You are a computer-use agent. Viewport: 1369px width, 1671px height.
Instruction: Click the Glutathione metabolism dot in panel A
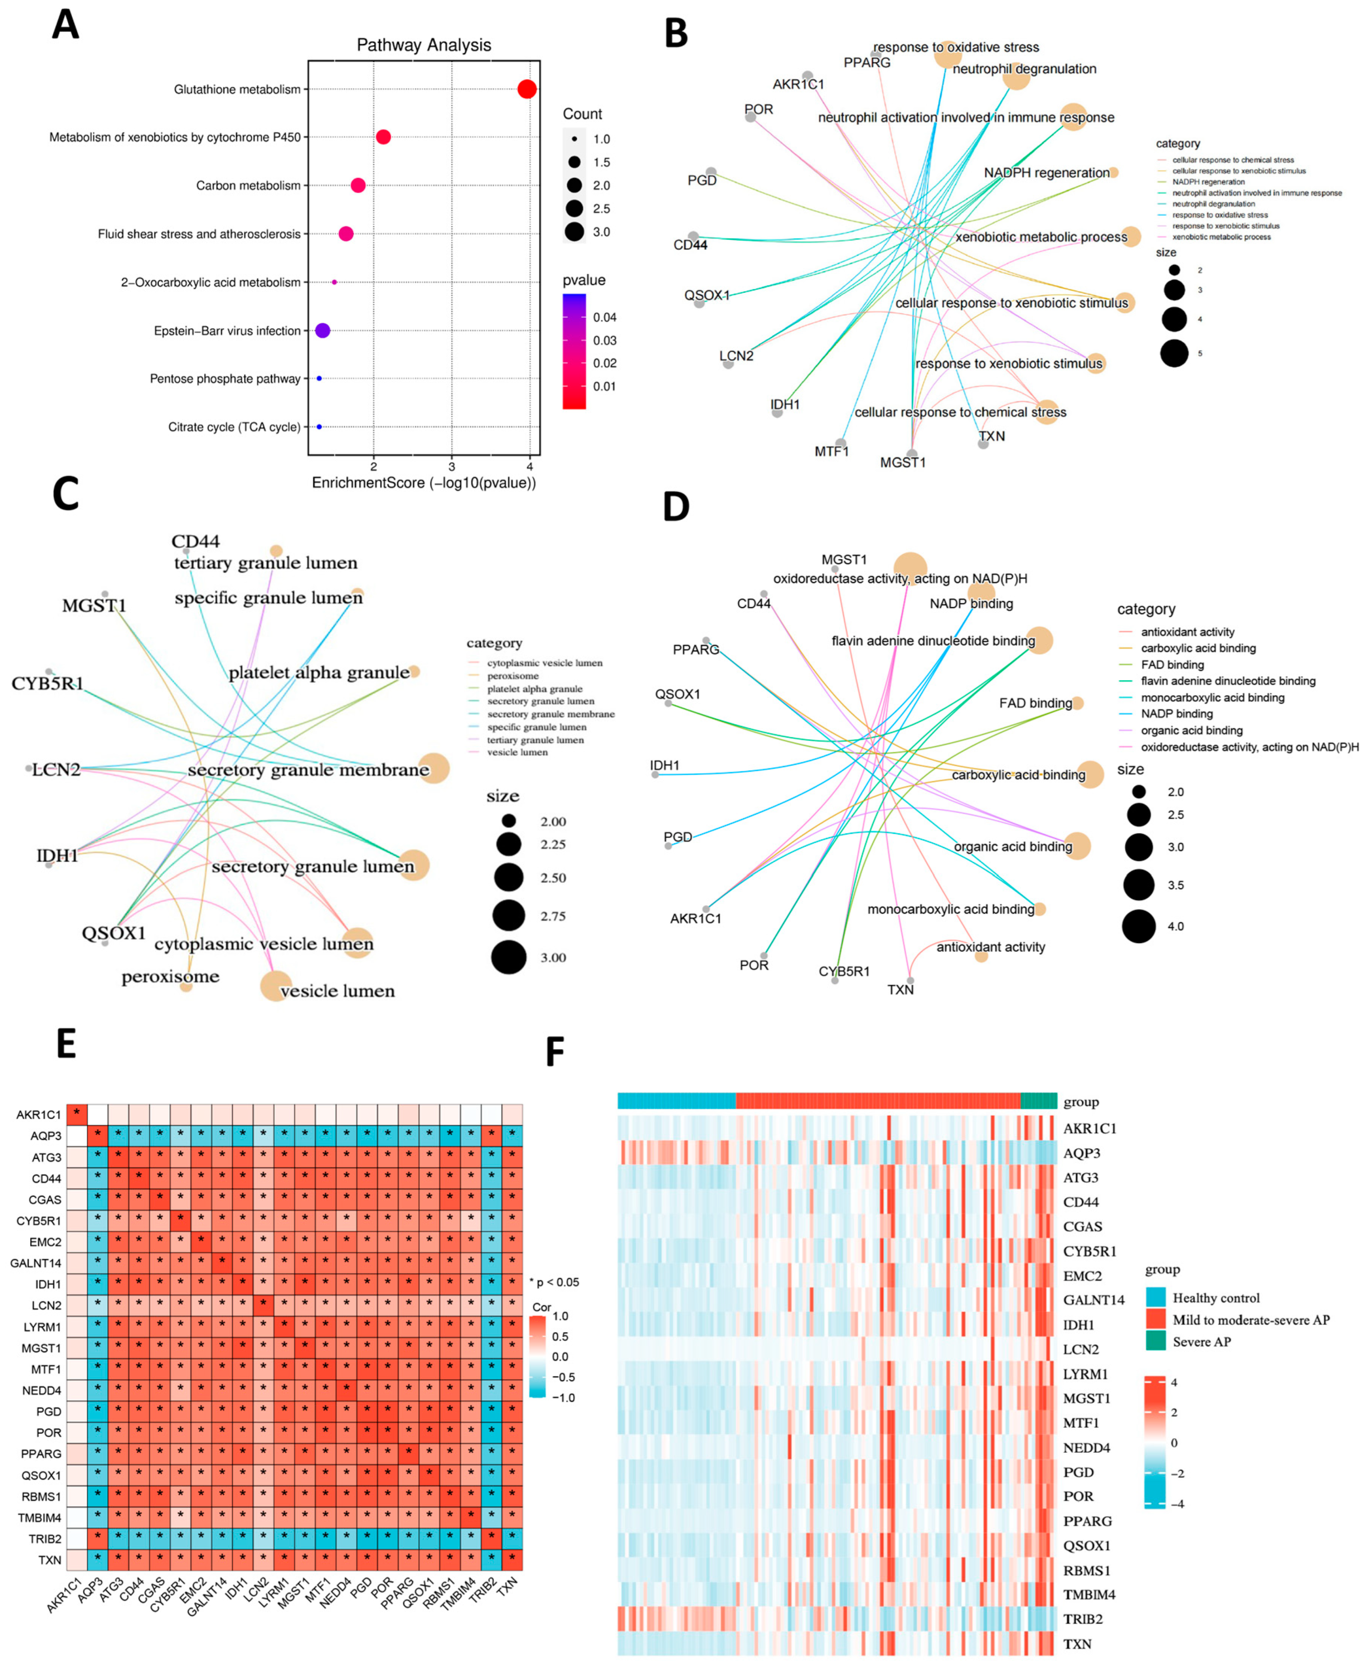[527, 89]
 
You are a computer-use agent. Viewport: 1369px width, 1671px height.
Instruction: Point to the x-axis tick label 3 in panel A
[452, 466]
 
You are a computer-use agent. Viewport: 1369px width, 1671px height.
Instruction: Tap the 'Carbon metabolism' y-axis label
[248, 185]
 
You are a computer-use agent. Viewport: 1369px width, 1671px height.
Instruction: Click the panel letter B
[676, 34]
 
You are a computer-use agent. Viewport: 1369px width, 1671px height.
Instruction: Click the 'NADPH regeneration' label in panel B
[1046, 173]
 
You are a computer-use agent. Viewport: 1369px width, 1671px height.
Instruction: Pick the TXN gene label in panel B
[992, 436]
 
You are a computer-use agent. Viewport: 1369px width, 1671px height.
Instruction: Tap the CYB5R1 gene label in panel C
[47, 683]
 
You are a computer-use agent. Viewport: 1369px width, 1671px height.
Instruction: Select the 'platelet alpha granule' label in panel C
[319, 673]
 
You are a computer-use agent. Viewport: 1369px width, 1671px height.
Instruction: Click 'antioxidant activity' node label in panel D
[991, 947]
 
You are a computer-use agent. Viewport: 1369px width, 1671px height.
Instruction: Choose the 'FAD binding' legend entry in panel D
[1172, 665]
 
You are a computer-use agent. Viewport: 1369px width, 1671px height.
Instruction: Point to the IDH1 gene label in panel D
[665, 765]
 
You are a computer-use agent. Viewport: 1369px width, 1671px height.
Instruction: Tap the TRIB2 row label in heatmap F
[1083, 1619]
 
